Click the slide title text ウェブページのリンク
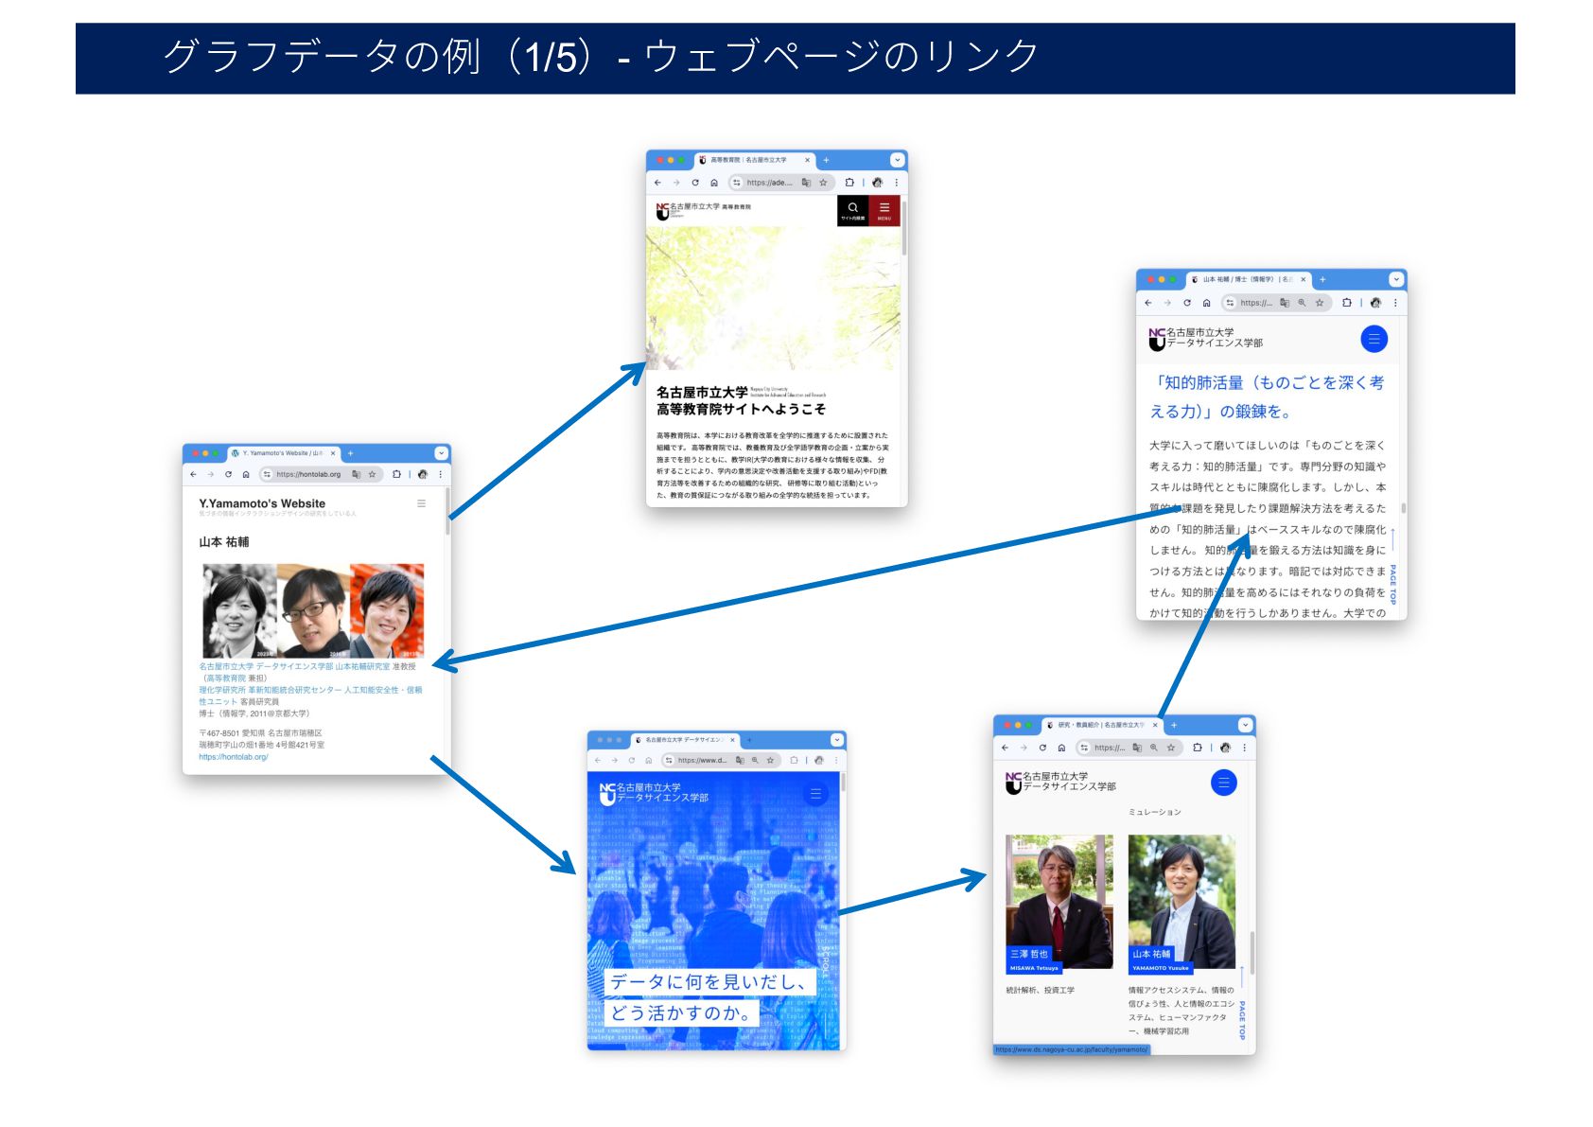click(x=841, y=57)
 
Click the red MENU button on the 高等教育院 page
click(x=884, y=210)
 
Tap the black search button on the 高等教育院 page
click(x=852, y=210)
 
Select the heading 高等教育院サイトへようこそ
click(x=741, y=409)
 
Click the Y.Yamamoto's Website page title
click(x=262, y=503)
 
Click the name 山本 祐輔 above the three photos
click(x=224, y=542)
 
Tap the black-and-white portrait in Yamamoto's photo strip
click(x=238, y=610)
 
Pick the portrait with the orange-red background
click(x=387, y=610)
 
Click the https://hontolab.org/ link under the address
click(x=234, y=757)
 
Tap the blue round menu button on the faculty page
click(x=1223, y=783)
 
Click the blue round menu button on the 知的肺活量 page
click(x=1374, y=339)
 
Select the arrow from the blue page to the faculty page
click(x=913, y=894)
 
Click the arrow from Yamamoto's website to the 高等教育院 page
click(x=547, y=441)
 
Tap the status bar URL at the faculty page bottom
click(x=1071, y=1049)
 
